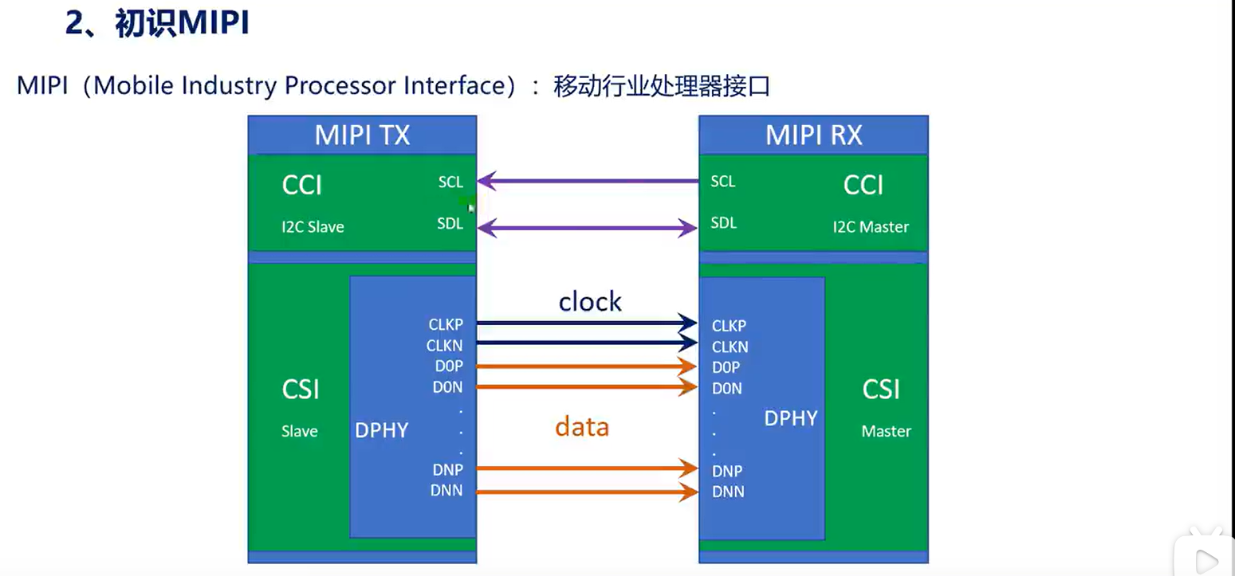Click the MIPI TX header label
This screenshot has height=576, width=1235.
coord(362,135)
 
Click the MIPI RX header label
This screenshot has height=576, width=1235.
coord(813,135)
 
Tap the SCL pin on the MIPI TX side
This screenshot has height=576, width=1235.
coord(450,182)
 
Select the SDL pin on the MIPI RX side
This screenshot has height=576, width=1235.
coord(723,224)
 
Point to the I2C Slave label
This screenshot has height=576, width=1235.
coord(313,227)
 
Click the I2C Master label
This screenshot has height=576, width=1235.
coord(871,227)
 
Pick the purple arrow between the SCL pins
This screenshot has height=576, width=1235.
coord(588,182)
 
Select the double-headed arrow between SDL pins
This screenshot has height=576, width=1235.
coord(588,229)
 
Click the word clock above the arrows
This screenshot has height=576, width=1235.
coord(590,301)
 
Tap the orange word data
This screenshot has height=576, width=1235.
coord(582,427)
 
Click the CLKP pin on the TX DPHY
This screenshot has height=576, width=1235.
coord(446,325)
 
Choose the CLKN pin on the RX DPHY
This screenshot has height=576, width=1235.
coord(730,347)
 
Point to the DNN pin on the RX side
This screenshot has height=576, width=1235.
coord(728,492)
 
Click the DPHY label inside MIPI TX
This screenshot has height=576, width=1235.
coord(382,431)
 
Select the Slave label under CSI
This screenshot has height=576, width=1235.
coord(300,432)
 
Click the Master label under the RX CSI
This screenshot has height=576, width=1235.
coord(886,432)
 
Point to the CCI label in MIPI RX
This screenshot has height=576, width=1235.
coord(863,186)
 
